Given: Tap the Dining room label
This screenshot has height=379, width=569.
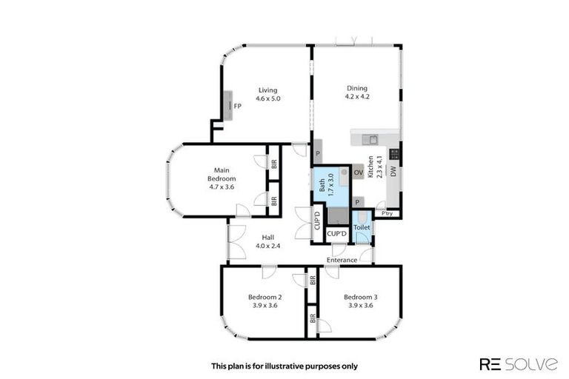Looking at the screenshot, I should tap(356, 89).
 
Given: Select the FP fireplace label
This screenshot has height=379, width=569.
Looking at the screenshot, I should tap(237, 107).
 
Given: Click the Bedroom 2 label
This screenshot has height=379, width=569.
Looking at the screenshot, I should tap(262, 298).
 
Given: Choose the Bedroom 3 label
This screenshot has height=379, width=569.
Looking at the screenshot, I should tap(359, 298).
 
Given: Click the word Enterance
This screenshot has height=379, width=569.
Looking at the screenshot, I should tap(342, 260).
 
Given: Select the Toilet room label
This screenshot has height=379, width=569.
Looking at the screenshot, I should tap(362, 227).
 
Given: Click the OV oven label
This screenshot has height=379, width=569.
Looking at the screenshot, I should tap(358, 172).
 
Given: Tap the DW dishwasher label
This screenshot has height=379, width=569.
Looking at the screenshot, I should tap(394, 171).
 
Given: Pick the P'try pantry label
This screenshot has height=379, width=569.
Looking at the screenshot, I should tap(387, 214).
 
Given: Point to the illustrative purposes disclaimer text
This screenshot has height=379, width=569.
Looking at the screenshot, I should tap(284, 366).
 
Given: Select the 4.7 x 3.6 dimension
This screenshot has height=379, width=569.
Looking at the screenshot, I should tap(221, 187).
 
